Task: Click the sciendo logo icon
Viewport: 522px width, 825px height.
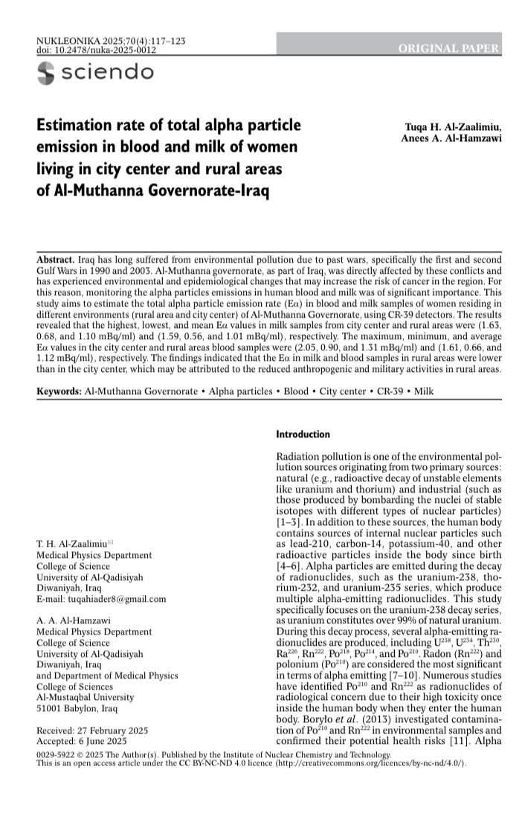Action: (46, 71)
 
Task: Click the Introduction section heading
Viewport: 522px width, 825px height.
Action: (303, 433)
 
